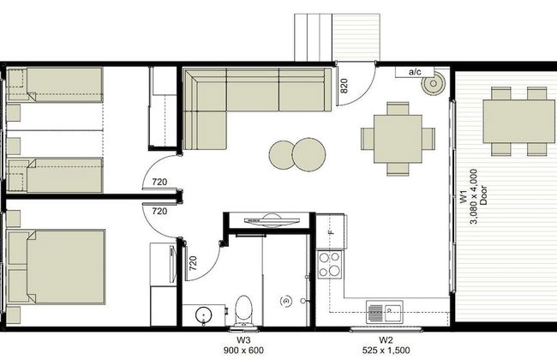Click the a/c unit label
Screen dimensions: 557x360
click(415, 72)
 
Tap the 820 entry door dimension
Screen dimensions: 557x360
click(344, 86)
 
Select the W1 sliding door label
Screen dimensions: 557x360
click(464, 196)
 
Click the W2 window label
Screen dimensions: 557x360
click(386, 339)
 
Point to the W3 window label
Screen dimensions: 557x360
click(243, 339)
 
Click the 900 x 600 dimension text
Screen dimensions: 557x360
click(243, 351)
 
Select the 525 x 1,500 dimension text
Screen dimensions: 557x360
click(386, 351)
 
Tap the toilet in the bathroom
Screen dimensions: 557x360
click(243, 310)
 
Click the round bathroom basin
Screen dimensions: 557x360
click(204, 315)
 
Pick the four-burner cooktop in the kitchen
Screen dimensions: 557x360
click(329, 264)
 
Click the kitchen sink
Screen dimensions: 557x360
click(385, 312)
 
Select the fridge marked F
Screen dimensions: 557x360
click(331, 231)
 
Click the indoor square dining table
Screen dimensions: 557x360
click(398, 139)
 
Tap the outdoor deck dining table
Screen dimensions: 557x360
click(519, 121)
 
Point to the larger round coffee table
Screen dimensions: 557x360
click(308, 154)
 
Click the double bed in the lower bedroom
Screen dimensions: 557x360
click(56, 267)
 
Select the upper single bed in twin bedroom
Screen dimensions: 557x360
click(55, 85)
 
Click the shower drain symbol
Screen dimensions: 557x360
click(284, 302)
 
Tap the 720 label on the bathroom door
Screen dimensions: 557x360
click(193, 263)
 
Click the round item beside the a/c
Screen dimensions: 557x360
click(433, 84)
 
